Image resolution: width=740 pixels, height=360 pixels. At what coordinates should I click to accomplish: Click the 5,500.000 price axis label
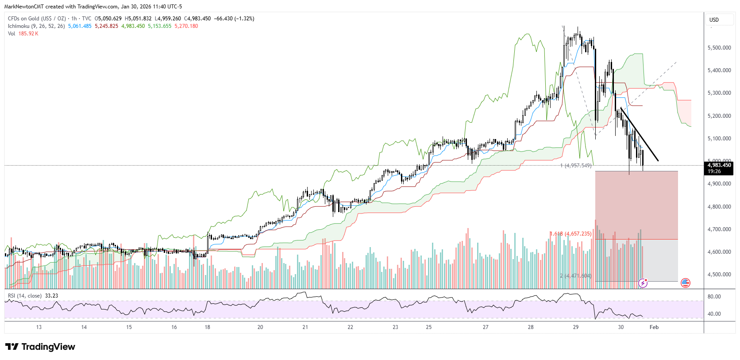(x=719, y=48)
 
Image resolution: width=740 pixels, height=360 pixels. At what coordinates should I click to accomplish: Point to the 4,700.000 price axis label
(x=719, y=229)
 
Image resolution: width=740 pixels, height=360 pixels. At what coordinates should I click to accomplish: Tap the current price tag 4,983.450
(x=719, y=165)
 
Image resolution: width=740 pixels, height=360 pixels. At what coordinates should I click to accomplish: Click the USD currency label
(x=714, y=20)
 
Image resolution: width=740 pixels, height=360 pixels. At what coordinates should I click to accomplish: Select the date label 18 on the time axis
(x=208, y=327)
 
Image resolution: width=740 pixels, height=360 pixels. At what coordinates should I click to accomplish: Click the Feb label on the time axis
(x=654, y=327)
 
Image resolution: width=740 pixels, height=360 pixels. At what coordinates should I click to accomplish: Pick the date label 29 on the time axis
(x=575, y=327)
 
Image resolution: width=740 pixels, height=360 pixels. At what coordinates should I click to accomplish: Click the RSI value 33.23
(x=51, y=296)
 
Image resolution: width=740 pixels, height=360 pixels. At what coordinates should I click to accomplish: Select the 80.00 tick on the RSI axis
(x=714, y=297)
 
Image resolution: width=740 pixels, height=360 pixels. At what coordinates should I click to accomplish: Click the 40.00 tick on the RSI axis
(x=714, y=314)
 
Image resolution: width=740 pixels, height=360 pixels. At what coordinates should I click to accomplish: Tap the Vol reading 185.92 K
(x=28, y=34)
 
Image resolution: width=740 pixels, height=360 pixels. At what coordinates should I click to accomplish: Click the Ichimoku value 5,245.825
(x=106, y=26)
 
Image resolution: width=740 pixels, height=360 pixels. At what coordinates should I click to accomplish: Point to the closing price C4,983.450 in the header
(x=197, y=19)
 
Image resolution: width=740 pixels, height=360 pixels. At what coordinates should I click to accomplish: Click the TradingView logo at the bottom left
(x=40, y=347)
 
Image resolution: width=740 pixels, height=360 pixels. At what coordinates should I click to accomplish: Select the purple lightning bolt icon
(x=643, y=283)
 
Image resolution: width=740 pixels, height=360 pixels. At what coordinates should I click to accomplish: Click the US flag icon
(x=685, y=283)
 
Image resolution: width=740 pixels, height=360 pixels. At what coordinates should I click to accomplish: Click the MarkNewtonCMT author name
(x=24, y=7)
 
